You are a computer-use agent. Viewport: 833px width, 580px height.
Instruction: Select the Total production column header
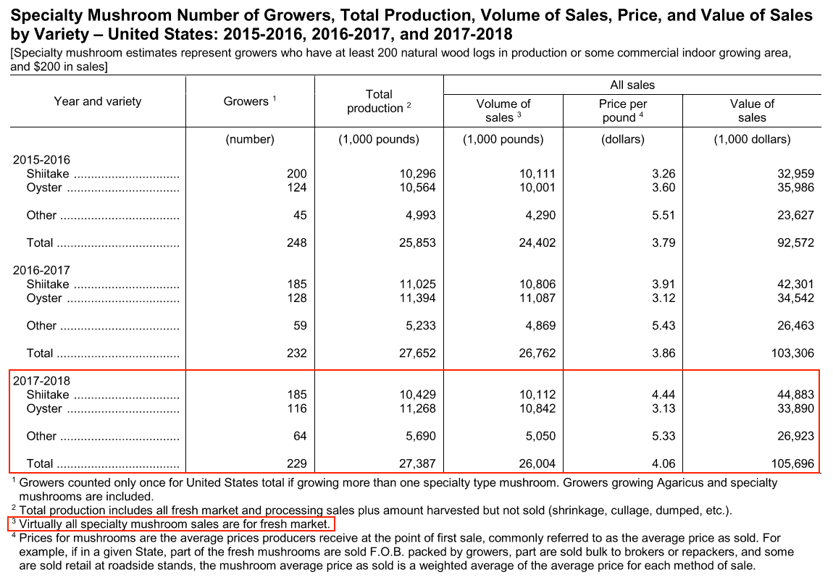click(x=379, y=101)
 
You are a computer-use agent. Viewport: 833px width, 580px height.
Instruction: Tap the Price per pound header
click(x=623, y=111)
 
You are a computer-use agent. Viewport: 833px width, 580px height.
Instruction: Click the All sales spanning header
click(x=632, y=85)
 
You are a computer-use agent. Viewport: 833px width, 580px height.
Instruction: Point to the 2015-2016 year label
click(x=41, y=160)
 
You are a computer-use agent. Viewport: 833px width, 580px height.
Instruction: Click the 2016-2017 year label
click(x=41, y=270)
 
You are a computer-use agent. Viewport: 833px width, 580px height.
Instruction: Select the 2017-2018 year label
click(x=41, y=381)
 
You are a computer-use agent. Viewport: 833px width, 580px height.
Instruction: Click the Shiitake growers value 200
click(x=297, y=174)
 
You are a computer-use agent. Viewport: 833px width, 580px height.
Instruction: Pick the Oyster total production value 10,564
click(x=417, y=188)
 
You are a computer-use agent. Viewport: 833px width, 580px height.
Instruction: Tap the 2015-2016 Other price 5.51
click(x=664, y=215)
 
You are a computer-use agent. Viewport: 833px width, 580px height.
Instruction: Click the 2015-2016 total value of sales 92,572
click(x=795, y=243)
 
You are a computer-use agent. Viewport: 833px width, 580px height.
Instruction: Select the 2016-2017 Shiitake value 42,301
click(x=795, y=284)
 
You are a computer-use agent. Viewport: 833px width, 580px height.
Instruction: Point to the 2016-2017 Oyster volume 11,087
click(x=537, y=298)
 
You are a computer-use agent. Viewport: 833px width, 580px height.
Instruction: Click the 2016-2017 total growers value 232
click(x=297, y=353)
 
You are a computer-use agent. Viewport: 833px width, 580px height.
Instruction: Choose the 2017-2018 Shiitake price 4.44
click(x=664, y=395)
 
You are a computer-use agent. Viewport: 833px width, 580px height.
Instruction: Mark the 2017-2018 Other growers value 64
click(x=300, y=436)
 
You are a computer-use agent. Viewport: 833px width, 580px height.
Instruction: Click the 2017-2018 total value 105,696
click(x=792, y=463)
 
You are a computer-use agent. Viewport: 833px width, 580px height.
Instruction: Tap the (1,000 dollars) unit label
click(x=752, y=139)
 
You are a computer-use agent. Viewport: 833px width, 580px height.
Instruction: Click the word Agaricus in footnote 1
click(x=678, y=483)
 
